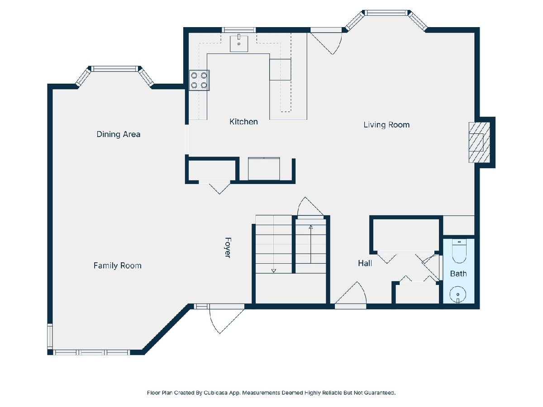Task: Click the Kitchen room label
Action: [x=243, y=122]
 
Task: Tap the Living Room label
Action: [x=386, y=125]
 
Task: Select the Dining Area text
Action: [x=118, y=134]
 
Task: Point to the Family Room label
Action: [x=117, y=265]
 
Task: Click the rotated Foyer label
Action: [x=228, y=248]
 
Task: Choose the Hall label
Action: [x=365, y=263]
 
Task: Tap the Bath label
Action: [x=458, y=274]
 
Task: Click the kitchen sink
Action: [x=239, y=43]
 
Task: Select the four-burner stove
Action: [x=199, y=80]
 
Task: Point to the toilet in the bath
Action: [x=459, y=251]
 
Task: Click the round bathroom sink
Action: [x=457, y=294]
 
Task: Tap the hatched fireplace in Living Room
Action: [x=479, y=142]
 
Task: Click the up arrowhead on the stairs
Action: [x=311, y=227]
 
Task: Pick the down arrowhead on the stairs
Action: [x=274, y=270]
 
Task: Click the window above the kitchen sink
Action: [x=239, y=30]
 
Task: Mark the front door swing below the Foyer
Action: [x=226, y=321]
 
